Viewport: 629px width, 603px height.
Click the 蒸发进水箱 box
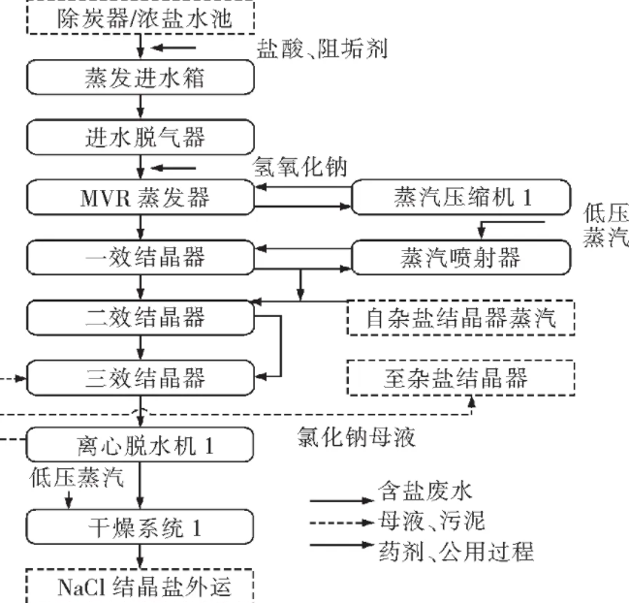142,77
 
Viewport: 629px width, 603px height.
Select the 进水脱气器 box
142,136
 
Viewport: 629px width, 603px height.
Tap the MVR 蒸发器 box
142,199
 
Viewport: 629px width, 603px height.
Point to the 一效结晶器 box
142,259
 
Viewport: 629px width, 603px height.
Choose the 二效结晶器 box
142,317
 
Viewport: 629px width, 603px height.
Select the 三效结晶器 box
142,376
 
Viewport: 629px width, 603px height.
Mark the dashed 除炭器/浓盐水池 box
142,16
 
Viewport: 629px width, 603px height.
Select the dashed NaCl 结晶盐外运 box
142,587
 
